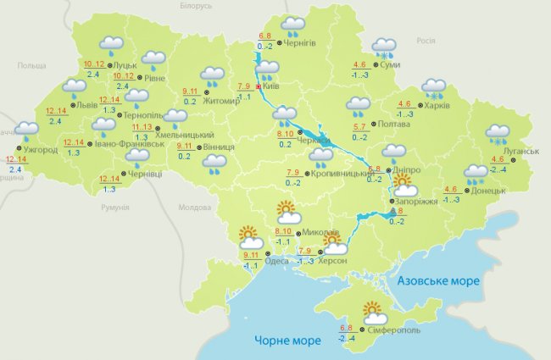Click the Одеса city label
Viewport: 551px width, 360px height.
(x=288, y=261)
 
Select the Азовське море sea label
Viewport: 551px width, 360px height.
(x=439, y=280)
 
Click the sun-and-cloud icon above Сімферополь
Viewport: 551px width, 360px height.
(x=375, y=312)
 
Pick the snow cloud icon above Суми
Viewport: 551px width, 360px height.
(x=385, y=47)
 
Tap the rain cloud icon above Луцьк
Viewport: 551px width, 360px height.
(x=110, y=45)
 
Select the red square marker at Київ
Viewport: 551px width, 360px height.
(x=258, y=86)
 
